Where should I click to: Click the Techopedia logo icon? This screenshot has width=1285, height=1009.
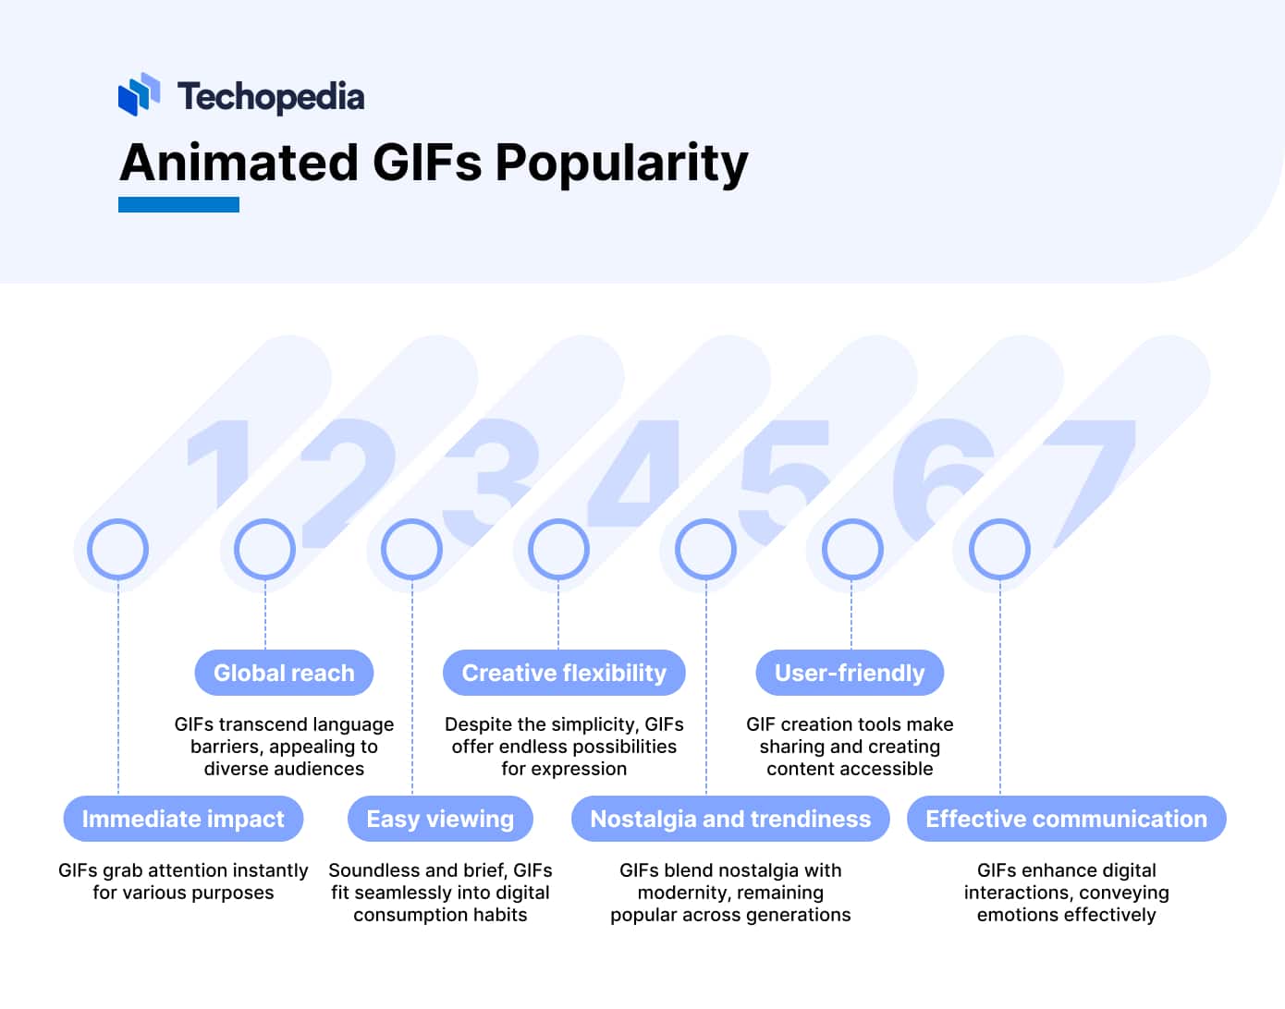(139, 94)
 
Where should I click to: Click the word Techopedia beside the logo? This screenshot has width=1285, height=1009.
(271, 96)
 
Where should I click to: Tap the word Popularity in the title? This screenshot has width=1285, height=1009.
(621, 164)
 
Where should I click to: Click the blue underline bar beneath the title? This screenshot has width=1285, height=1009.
(178, 204)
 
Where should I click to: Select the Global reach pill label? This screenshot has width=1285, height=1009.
(284, 673)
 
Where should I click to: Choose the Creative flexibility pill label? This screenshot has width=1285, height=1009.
(564, 673)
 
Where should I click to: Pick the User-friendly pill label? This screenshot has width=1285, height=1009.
(850, 673)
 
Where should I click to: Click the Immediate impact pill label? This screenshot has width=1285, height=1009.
(183, 819)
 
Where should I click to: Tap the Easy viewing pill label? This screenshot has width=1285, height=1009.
(440, 819)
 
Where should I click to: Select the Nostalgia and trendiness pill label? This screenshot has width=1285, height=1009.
(730, 819)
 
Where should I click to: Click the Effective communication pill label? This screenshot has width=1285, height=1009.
(1066, 819)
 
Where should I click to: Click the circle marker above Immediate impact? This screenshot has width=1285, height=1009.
(117, 549)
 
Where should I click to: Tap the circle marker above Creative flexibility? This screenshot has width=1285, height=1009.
(558, 549)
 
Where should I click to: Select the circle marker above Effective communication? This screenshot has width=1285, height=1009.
(999, 549)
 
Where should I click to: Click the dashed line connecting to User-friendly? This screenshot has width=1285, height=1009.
(851, 614)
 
